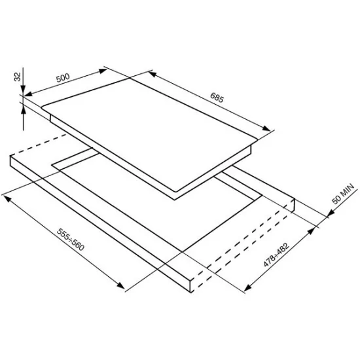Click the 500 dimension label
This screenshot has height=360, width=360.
[63, 78]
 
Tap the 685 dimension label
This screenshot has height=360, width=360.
[217, 98]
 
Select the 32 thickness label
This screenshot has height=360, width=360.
[18, 77]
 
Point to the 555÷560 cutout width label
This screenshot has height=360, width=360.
[71, 239]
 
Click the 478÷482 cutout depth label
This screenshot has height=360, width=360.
[276, 255]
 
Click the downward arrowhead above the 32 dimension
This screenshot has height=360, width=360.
[23, 89]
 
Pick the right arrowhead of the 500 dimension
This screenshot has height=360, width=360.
[103, 71]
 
